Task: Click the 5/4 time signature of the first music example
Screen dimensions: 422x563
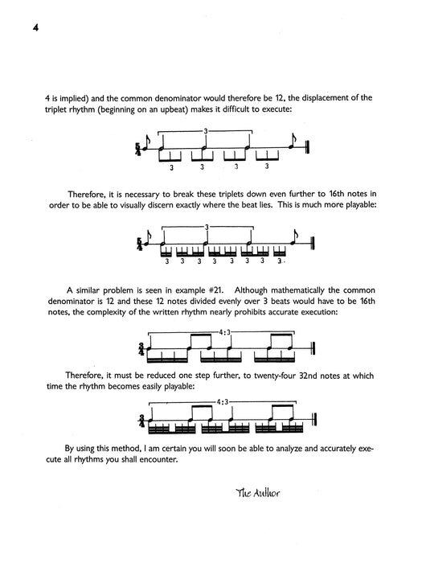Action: coord(140,148)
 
